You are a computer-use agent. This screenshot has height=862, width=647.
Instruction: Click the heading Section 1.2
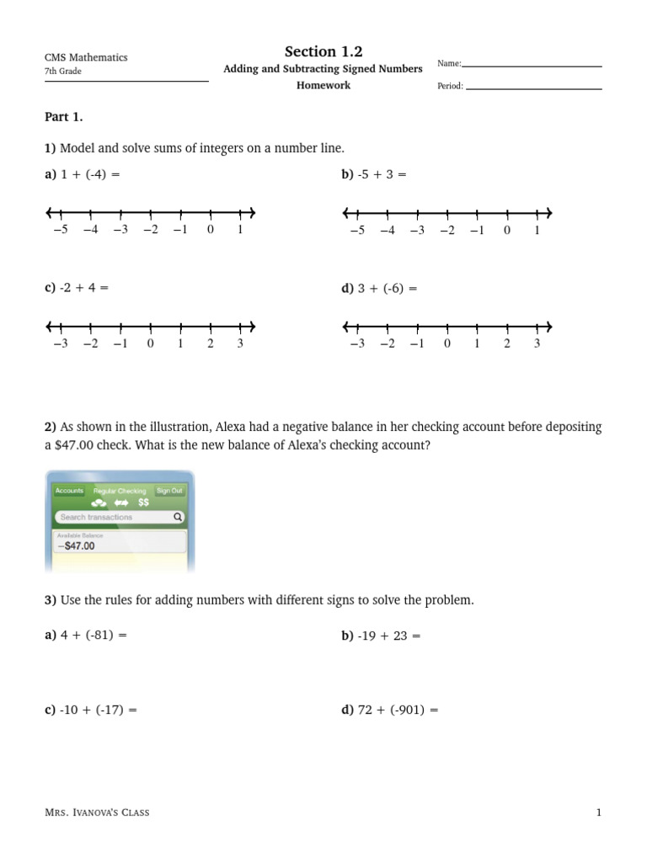tap(323, 52)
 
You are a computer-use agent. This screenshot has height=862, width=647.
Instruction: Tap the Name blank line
tap(532, 66)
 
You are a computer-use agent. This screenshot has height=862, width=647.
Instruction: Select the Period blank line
tap(533, 88)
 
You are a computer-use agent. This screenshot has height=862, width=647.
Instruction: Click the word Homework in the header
tap(323, 85)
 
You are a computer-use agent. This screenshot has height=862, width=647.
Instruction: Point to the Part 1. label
tap(63, 117)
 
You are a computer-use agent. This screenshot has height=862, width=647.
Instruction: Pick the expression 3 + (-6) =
tap(379, 288)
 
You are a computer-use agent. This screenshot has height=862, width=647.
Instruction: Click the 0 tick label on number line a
tap(210, 230)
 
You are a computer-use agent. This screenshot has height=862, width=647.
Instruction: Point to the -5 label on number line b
tap(356, 230)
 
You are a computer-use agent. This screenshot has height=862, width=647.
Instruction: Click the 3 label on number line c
tap(240, 343)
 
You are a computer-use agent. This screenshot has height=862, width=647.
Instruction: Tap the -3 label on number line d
tap(356, 343)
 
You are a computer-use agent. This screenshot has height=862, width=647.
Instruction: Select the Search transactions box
tap(119, 517)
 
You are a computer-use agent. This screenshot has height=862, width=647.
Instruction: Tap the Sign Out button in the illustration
tap(168, 491)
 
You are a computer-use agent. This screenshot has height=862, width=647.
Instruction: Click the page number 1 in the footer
tap(599, 812)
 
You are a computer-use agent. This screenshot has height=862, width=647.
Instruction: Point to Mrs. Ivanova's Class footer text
tap(97, 812)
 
